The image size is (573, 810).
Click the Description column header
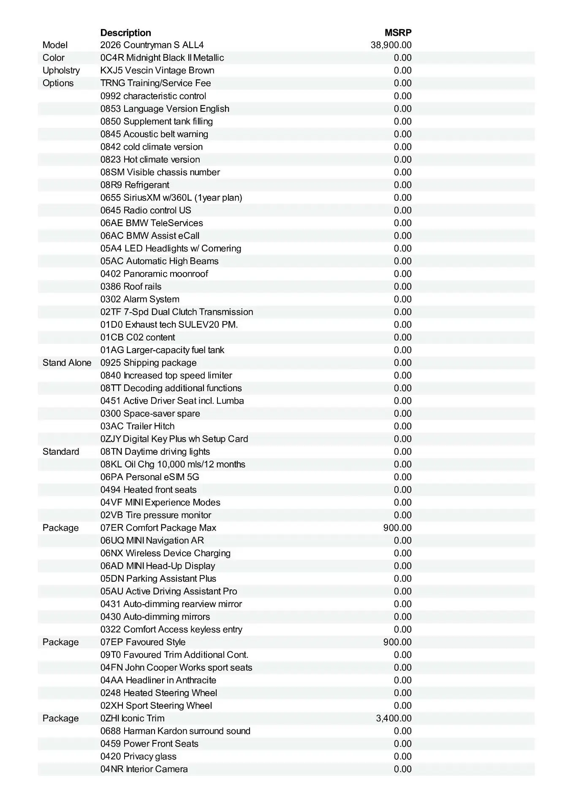point(125,32)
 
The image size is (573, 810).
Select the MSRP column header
point(398,32)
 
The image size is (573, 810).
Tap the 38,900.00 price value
point(391,45)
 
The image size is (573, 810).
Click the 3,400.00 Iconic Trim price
point(394,718)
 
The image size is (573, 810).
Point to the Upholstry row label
point(61,70)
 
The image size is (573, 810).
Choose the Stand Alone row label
point(67,363)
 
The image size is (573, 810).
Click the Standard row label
point(60,452)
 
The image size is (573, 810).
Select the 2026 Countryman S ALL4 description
point(152,45)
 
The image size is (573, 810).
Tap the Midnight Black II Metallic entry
point(162,58)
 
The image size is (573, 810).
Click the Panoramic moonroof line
point(154,274)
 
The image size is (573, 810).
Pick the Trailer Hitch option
point(137,426)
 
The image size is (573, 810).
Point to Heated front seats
point(148,490)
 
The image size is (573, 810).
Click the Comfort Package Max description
point(158,528)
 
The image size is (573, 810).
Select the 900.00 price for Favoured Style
point(397,642)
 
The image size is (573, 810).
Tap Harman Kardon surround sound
point(175,731)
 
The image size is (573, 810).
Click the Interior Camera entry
point(144,769)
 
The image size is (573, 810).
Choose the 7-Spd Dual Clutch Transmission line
point(177,312)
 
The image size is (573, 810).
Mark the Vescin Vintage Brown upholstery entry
point(157,70)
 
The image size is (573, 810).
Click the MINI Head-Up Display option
point(158,566)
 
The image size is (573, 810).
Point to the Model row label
point(55,45)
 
